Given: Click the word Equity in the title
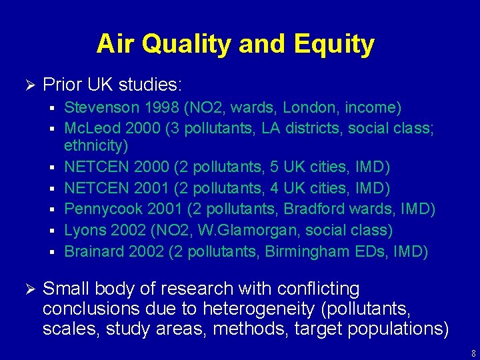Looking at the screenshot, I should (x=343, y=44).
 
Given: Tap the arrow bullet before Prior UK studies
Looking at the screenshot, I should (x=28, y=85).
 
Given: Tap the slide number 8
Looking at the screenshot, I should (x=471, y=353).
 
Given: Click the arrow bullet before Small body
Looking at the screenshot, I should (x=28, y=289).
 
